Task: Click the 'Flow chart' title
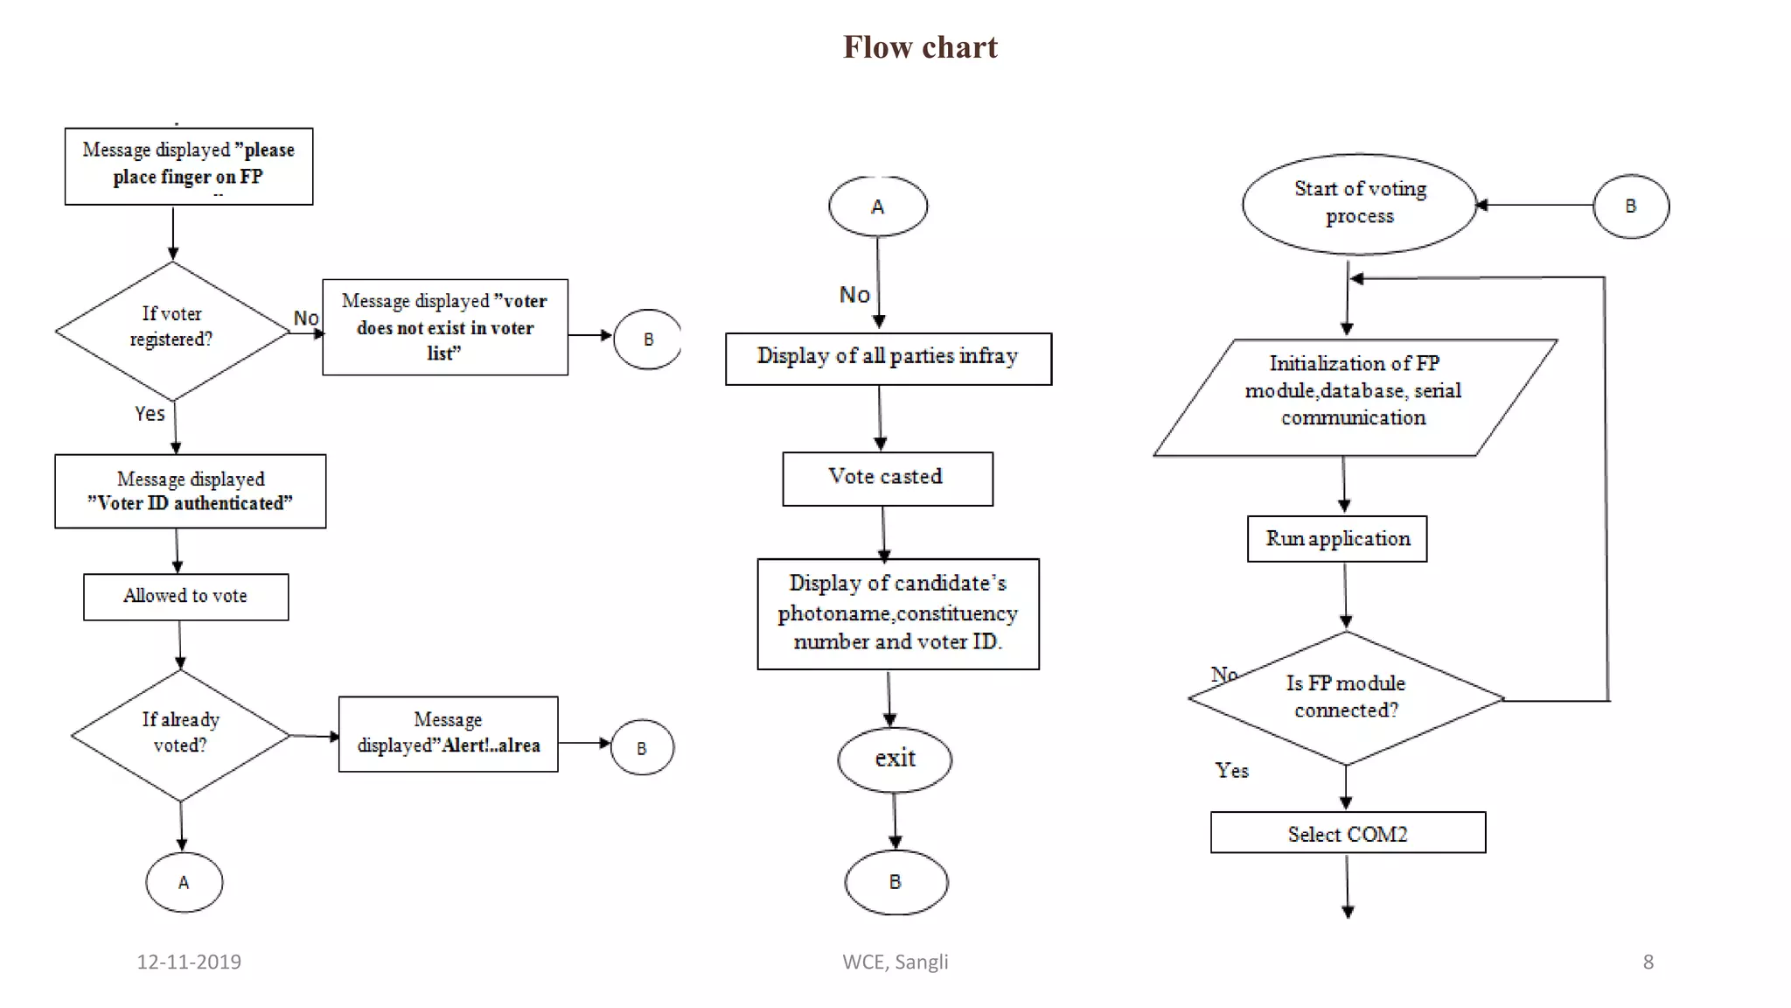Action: click(x=919, y=47)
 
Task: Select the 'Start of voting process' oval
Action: click(x=1359, y=204)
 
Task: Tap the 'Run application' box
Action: click(x=1337, y=539)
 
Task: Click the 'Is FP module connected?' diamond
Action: click(x=1346, y=697)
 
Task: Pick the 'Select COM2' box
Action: click(x=1348, y=833)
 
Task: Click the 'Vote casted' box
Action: click(x=887, y=478)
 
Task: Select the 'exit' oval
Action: click(x=895, y=759)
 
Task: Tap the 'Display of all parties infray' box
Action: click(x=888, y=358)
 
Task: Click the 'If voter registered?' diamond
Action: click(x=172, y=330)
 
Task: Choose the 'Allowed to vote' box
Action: click(x=185, y=597)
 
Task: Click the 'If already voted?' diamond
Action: click(x=180, y=734)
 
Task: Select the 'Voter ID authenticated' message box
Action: click(x=190, y=491)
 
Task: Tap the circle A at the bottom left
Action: click(x=184, y=882)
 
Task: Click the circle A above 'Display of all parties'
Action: click(x=878, y=206)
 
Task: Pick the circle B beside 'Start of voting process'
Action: click(x=1631, y=206)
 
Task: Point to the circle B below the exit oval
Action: click(x=895, y=882)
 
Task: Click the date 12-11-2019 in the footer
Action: click(x=189, y=962)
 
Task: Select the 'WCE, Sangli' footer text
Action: click(x=895, y=962)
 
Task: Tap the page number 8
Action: click(x=1648, y=962)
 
